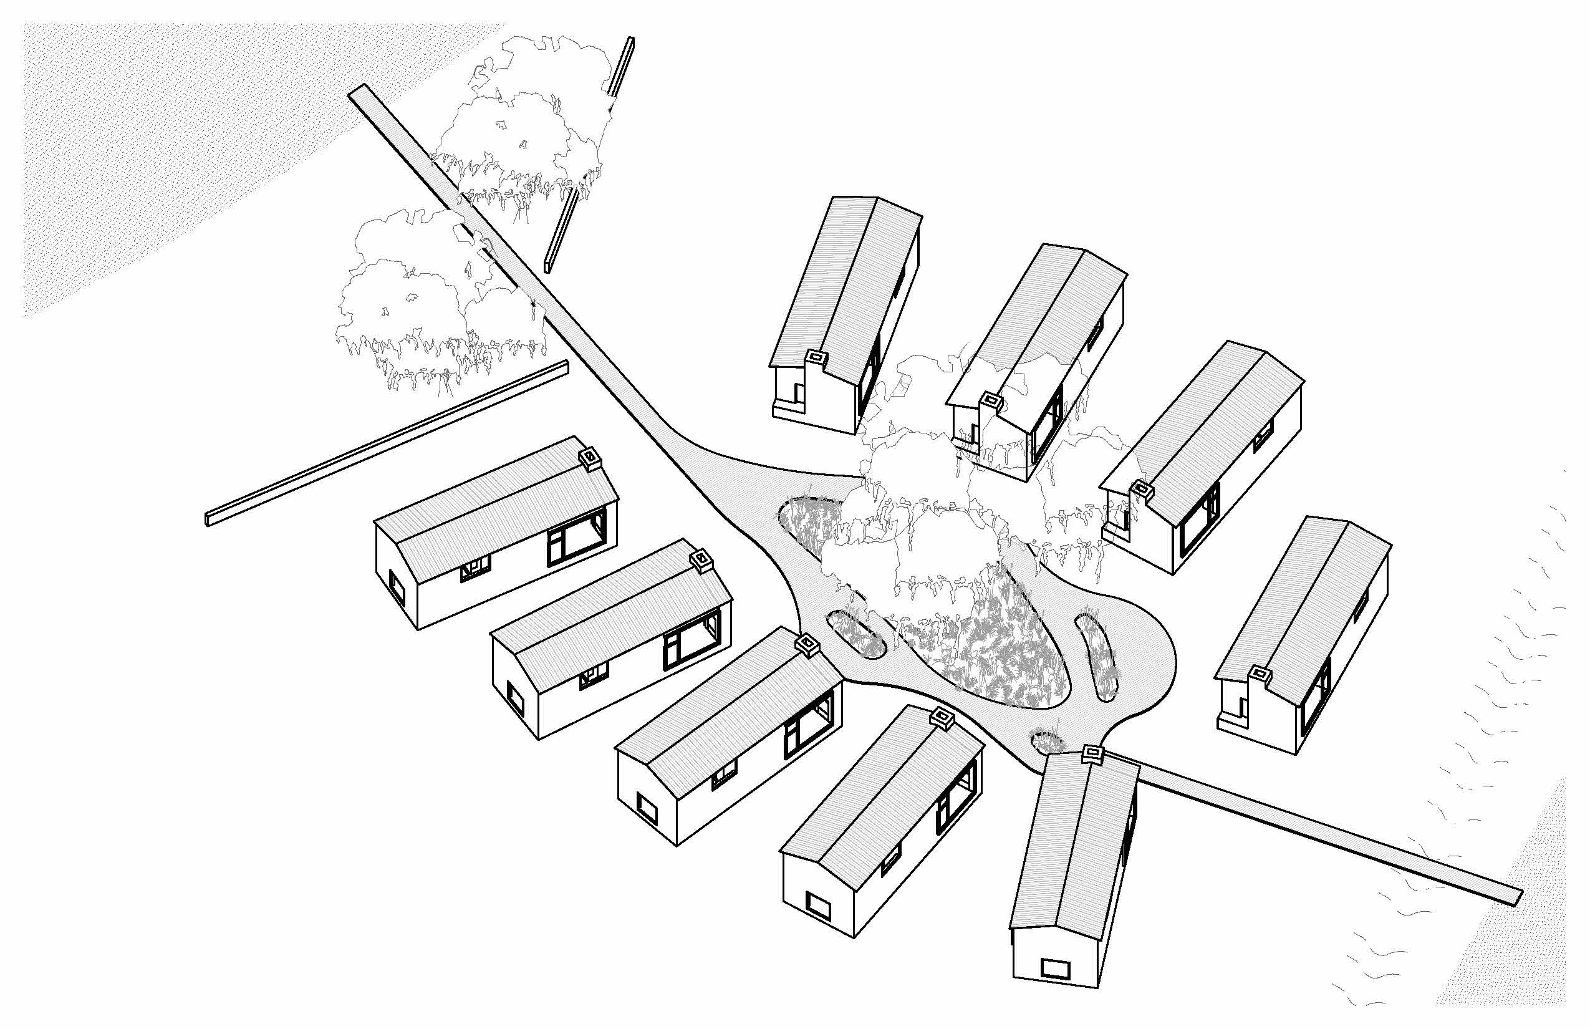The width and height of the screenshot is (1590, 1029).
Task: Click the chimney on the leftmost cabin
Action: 590,459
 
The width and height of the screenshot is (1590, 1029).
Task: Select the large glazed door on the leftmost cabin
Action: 577,536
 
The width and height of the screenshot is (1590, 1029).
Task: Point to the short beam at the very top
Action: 620,67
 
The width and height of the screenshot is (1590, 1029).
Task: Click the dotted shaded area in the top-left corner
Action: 167,133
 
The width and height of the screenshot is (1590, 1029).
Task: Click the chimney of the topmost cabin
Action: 816,357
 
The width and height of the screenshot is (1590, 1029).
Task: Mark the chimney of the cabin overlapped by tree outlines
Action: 991,401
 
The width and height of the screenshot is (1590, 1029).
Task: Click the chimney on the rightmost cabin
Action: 1260,675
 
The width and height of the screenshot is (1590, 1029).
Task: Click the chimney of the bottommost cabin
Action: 1093,755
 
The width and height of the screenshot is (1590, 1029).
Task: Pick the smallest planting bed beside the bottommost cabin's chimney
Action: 1045,740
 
